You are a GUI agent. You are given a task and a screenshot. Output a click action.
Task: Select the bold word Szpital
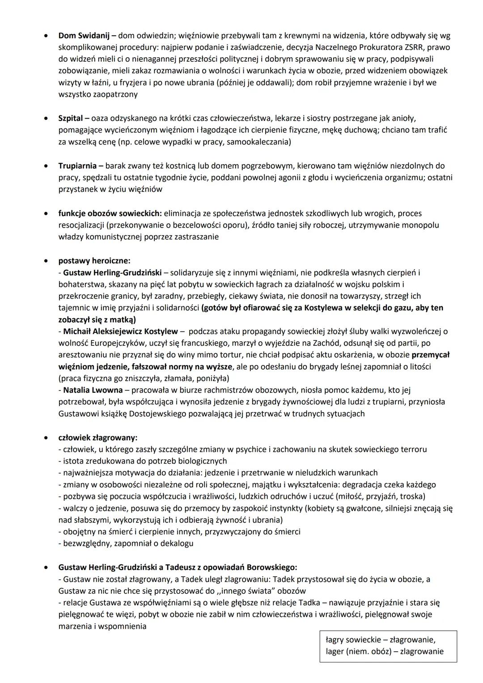71,119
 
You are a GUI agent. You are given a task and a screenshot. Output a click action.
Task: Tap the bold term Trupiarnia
77,166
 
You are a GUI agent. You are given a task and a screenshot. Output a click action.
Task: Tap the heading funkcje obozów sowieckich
111,213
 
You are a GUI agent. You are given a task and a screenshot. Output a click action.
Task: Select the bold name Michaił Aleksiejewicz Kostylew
120,331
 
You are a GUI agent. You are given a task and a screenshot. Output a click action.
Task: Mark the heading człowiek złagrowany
97,437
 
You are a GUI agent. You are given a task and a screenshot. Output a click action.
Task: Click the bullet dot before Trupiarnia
46,166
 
